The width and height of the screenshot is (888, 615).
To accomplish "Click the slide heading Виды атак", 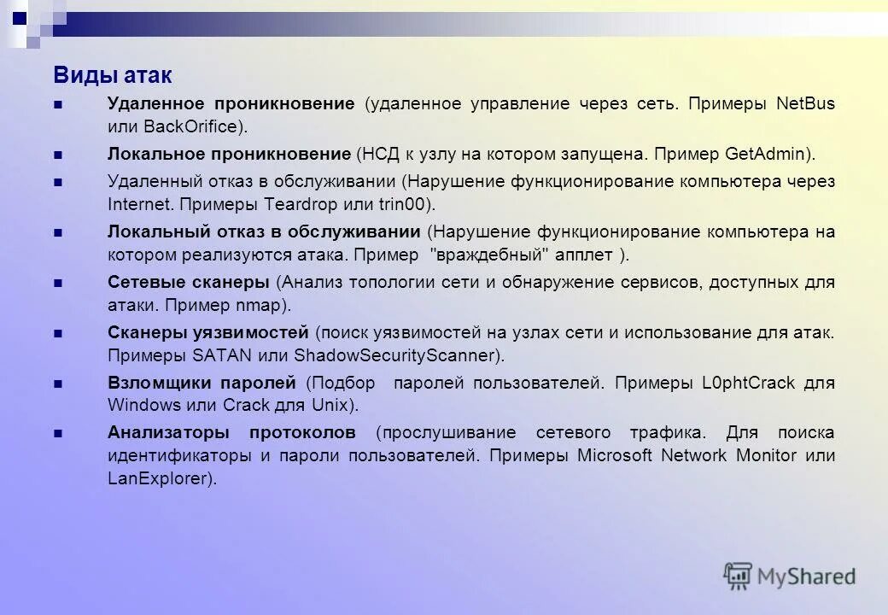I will point(113,75).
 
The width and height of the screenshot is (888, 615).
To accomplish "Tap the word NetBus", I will point(805,104).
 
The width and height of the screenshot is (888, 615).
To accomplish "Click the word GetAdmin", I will point(765,155).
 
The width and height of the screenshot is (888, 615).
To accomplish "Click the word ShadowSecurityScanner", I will point(394,354).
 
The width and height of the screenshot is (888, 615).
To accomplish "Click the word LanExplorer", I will point(157,478).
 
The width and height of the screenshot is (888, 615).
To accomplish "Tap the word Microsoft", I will point(615,455).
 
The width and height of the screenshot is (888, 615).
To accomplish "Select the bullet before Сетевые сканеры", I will point(58,284).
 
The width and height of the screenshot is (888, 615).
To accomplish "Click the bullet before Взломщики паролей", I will point(58,384).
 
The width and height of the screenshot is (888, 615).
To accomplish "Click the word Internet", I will point(137,204).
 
